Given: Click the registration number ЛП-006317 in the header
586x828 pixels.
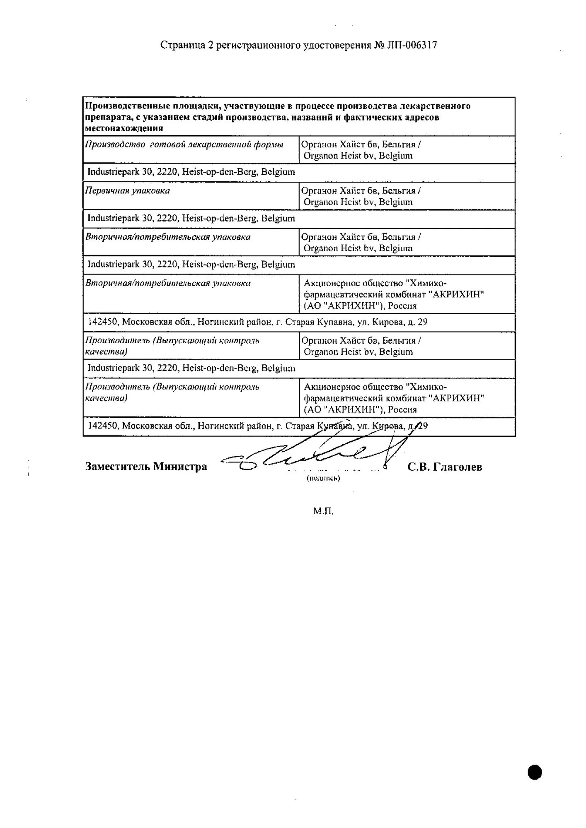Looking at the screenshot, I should [412, 45].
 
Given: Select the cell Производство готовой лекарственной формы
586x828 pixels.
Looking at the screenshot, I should [184, 145].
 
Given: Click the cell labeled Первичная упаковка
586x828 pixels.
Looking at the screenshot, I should [128, 191].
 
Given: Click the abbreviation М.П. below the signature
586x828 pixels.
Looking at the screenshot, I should [323, 511].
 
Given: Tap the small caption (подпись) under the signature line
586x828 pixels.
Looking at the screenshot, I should [323, 478].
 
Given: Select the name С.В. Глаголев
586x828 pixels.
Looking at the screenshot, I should [445, 467].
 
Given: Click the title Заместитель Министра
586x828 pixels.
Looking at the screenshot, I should [146, 467].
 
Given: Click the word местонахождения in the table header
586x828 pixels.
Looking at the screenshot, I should [124, 128].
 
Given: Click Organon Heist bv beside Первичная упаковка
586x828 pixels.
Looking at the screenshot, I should [358, 202].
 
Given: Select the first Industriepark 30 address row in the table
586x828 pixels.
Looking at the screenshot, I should [191, 172].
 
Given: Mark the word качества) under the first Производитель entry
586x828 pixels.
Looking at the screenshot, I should [106, 352].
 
